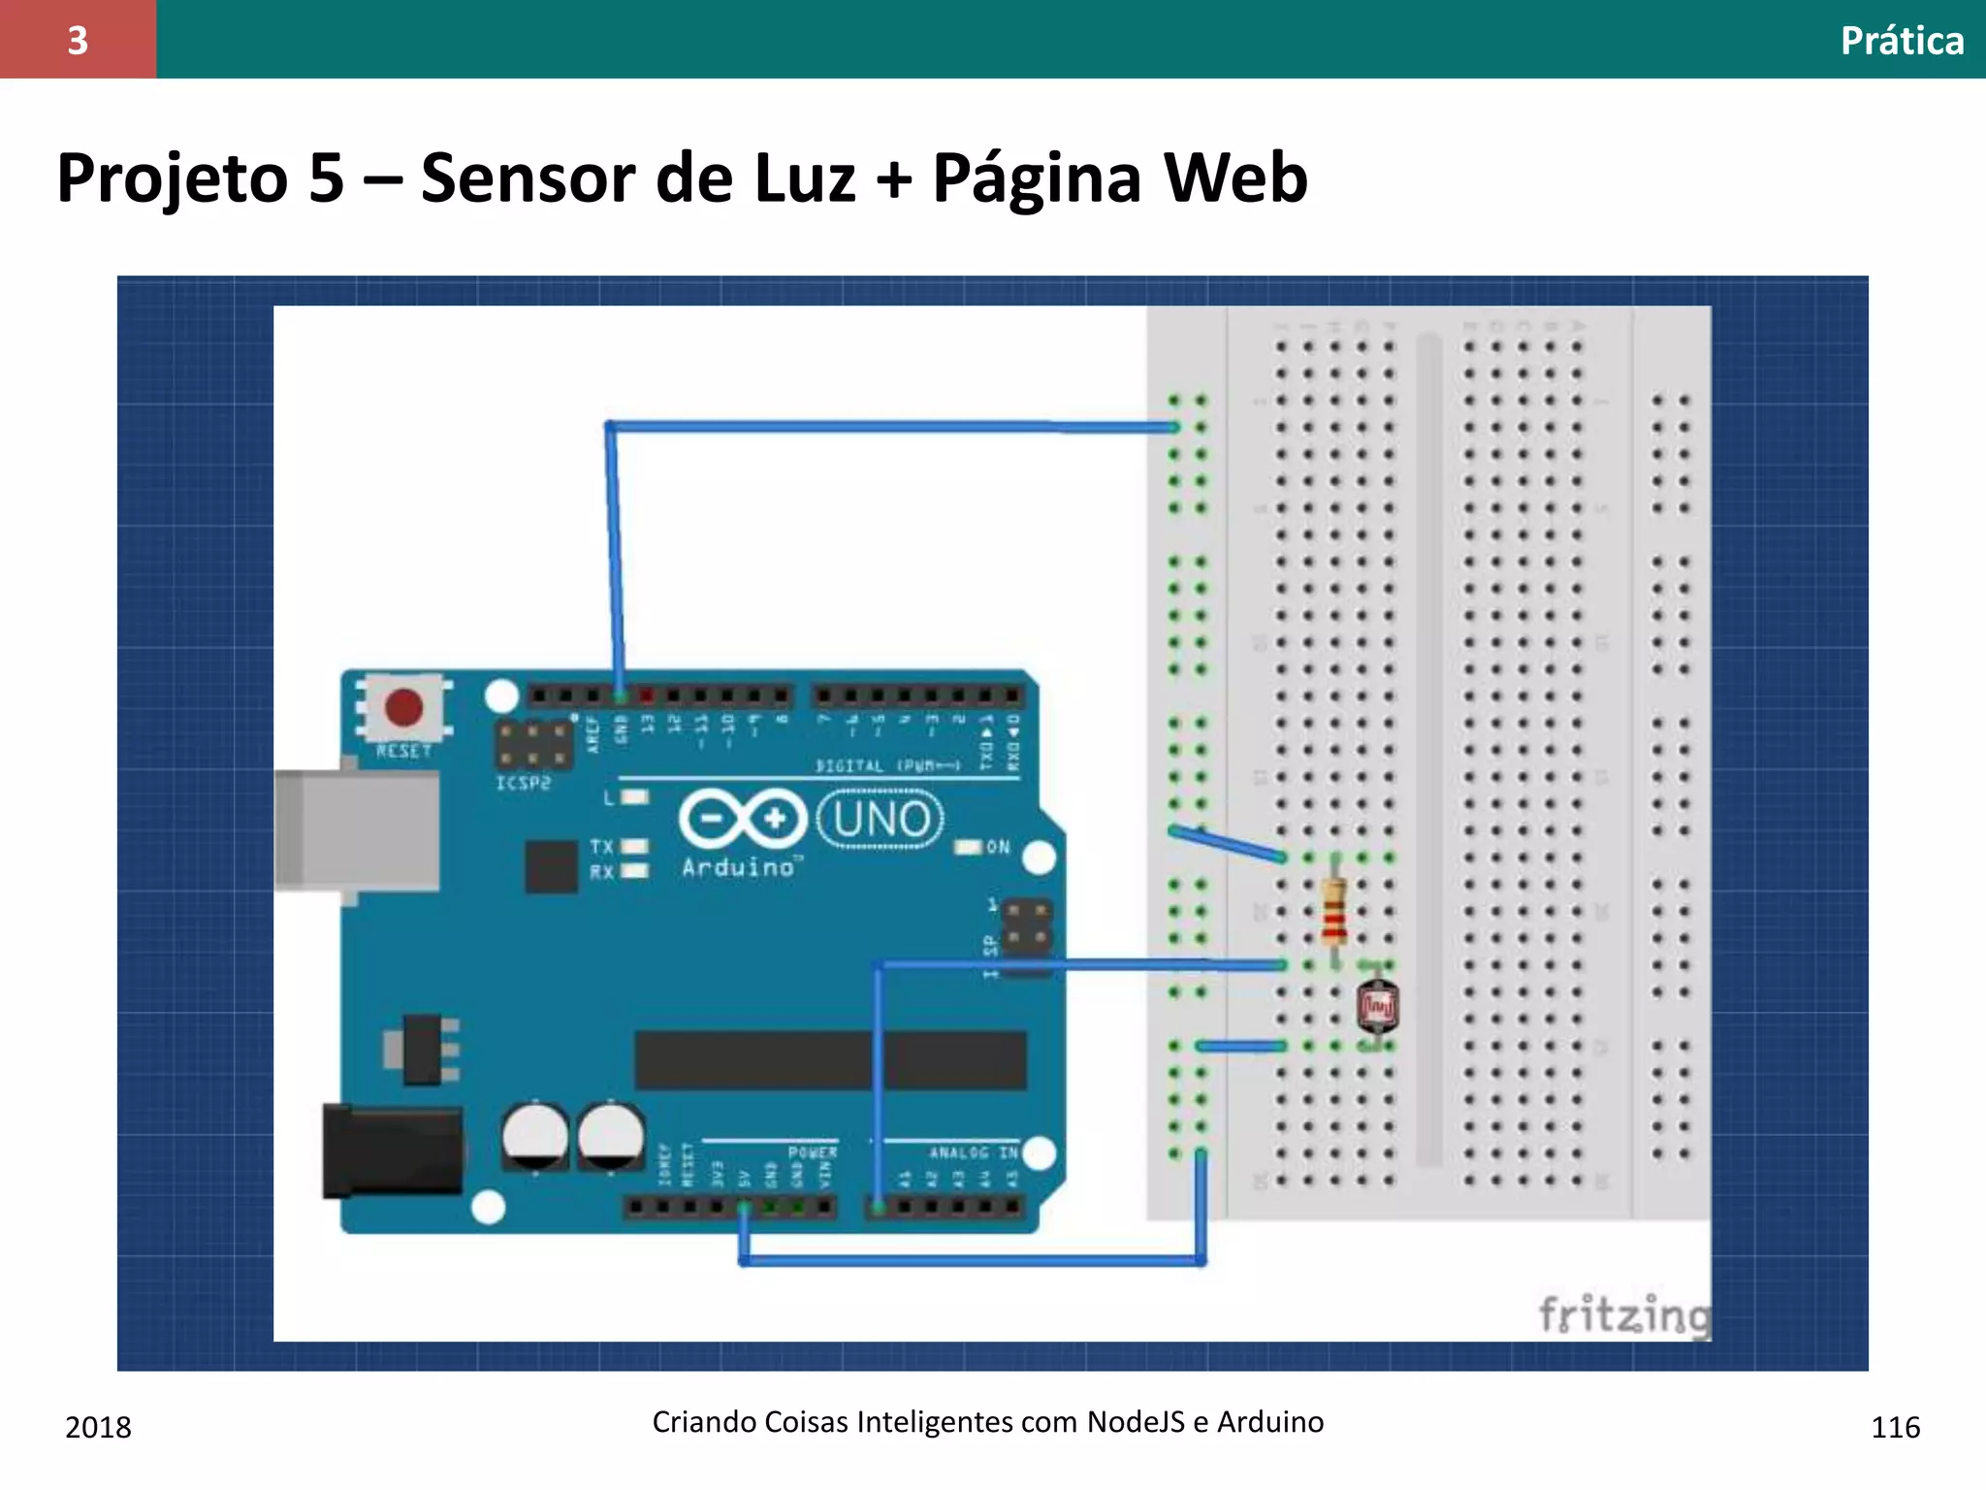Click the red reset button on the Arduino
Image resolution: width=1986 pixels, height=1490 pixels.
pyautogui.click(x=403, y=708)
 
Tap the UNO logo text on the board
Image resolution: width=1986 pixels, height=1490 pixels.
pyautogui.click(x=881, y=820)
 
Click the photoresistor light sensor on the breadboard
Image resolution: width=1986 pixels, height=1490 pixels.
pyautogui.click(x=1377, y=1007)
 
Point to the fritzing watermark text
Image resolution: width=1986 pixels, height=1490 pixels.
pyautogui.click(x=1625, y=1315)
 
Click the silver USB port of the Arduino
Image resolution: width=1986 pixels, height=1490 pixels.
pyautogui.click(x=357, y=830)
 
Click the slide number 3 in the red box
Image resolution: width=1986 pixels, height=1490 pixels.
pyautogui.click(x=78, y=40)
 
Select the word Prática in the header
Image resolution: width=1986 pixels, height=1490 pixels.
pyautogui.click(x=1902, y=41)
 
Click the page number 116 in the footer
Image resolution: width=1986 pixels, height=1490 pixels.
pyautogui.click(x=1895, y=1427)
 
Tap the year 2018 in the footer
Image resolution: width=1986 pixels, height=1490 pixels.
pyautogui.click(x=98, y=1427)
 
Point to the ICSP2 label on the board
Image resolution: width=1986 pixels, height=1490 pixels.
pyautogui.click(x=523, y=783)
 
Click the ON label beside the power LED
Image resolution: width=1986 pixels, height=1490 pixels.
pyautogui.click(x=998, y=847)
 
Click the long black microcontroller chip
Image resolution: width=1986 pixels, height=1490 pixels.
pyautogui.click(x=830, y=1060)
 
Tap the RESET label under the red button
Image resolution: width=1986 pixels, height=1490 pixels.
pyautogui.click(x=403, y=751)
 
